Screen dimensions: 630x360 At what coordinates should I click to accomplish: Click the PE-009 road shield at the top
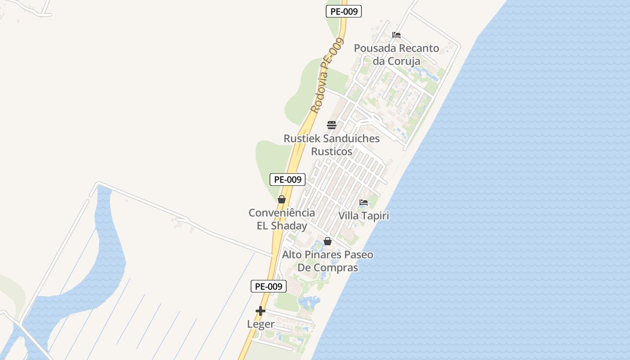point(344,12)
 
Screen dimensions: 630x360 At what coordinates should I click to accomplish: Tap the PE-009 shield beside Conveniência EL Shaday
point(288,180)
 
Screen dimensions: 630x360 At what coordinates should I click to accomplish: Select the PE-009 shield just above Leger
point(269,286)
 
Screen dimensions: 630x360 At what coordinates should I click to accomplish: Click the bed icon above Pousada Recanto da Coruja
point(396,35)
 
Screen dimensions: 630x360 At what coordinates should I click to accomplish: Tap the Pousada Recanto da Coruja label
point(396,54)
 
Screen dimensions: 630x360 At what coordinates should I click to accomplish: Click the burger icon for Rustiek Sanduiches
point(332,125)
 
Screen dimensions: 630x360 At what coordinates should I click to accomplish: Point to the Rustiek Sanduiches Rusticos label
point(332,145)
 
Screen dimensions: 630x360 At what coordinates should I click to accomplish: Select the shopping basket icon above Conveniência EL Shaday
point(282,199)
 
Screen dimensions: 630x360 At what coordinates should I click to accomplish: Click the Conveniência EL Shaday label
point(282,219)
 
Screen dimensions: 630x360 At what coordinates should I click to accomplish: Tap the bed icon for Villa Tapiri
point(364,202)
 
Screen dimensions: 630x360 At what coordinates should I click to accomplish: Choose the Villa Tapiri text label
point(364,216)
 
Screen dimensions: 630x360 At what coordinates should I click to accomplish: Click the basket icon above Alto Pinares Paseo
point(328,242)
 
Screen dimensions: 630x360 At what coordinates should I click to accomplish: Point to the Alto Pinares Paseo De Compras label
point(328,261)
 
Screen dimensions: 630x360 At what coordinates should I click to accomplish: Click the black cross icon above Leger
point(261,311)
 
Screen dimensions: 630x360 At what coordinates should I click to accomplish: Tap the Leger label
point(261,324)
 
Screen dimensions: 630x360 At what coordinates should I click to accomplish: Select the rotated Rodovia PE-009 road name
point(327,75)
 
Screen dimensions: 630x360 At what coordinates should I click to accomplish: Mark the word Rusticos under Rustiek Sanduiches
point(332,152)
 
